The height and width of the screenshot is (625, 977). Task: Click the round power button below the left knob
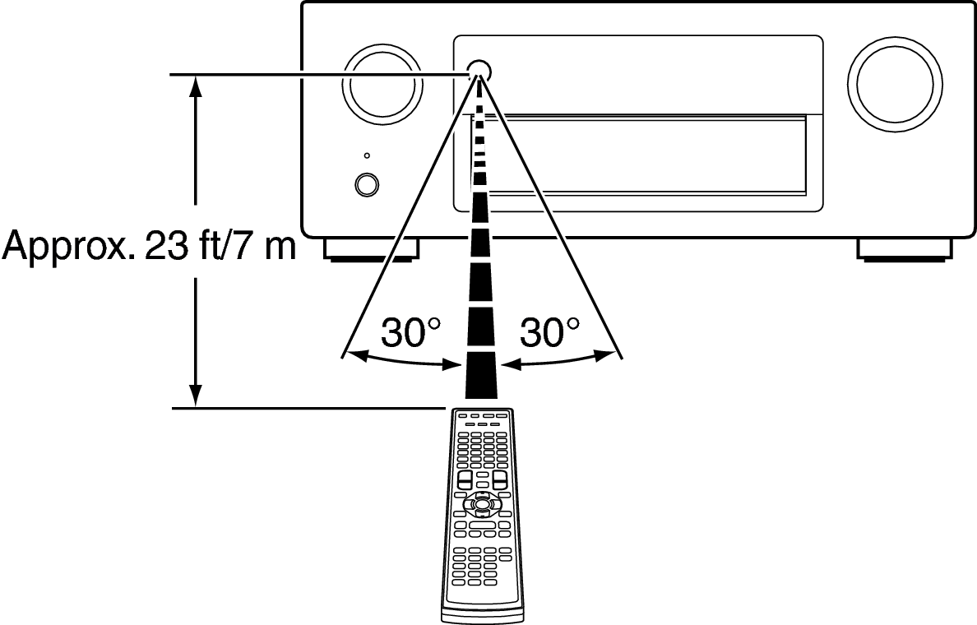pyautogui.click(x=366, y=184)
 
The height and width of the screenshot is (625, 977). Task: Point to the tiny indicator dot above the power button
pyautogui.click(x=367, y=155)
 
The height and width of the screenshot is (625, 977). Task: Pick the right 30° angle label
pyautogui.click(x=549, y=332)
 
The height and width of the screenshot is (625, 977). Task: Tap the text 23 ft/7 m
pyautogui.click(x=220, y=246)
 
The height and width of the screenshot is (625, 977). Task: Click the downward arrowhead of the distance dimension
pyautogui.click(x=196, y=395)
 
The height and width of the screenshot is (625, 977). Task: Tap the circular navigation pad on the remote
pyautogui.click(x=479, y=502)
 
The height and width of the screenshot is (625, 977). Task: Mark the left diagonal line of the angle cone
pyautogui.click(x=410, y=215)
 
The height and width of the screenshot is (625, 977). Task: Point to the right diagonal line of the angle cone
pyautogui.click(x=551, y=215)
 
